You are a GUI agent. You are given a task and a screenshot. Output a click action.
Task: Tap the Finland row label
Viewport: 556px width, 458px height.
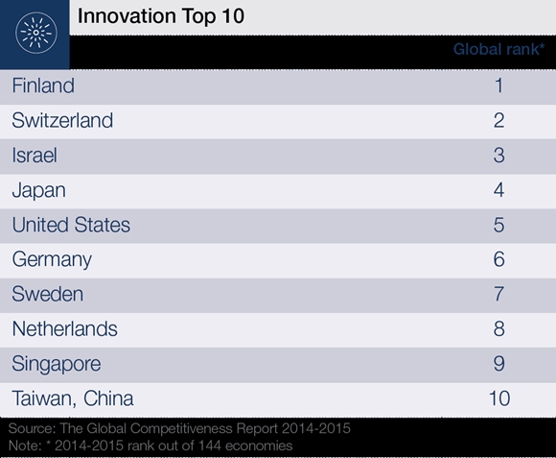43,86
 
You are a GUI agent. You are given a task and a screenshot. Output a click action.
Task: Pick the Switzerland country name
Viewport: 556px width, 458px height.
62,121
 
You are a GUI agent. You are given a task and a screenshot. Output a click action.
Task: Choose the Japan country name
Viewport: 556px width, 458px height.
39,190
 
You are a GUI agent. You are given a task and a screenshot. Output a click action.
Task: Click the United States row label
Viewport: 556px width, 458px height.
71,225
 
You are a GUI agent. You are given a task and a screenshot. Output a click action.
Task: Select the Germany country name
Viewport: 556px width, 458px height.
52,259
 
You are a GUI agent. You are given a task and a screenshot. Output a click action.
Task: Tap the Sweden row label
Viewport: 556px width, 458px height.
47,294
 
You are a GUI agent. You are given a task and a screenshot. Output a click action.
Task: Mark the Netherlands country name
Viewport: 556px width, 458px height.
64,328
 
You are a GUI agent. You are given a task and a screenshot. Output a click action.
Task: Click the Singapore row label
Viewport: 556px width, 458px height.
57,364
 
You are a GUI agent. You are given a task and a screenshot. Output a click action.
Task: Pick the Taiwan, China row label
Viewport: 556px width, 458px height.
73,398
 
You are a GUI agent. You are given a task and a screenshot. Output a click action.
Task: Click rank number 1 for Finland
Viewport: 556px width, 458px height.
498,86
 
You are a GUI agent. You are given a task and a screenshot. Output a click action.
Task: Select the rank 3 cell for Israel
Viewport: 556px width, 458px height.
498,156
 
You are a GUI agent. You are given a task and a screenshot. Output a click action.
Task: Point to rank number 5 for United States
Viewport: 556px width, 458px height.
498,225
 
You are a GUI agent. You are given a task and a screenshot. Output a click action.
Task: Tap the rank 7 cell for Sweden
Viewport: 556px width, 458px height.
498,294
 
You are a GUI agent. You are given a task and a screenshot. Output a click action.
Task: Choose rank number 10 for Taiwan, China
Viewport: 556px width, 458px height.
498,398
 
